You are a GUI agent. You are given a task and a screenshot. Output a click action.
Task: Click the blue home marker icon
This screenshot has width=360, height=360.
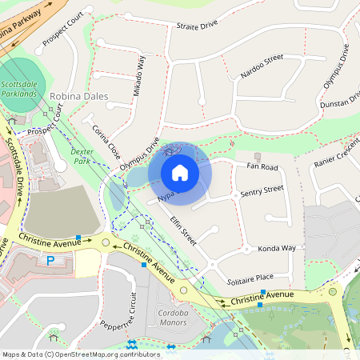(x=180, y=172)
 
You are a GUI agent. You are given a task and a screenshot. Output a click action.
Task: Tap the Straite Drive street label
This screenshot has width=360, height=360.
(x=197, y=26)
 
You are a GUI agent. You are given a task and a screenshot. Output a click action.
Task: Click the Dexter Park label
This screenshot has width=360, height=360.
(x=82, y=155)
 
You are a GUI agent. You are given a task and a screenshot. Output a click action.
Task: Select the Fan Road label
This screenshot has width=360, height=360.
(x=262, y=167)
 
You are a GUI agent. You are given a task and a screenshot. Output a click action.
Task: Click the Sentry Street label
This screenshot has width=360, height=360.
(x=262, y=190)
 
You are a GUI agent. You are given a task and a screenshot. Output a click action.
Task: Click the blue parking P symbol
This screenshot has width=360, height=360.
(x=50, y=260)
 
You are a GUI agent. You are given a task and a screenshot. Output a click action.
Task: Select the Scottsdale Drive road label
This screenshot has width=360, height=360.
(x=14, y=167)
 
